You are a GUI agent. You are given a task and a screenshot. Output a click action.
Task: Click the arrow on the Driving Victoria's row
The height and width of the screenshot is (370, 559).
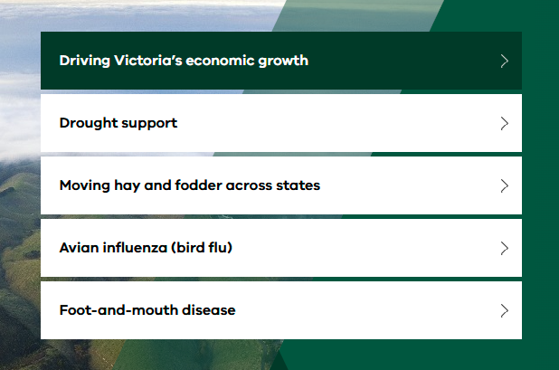click(x=504, y=61)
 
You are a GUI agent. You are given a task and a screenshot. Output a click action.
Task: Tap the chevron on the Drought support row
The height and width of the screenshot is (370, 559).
click(x=504, y=123)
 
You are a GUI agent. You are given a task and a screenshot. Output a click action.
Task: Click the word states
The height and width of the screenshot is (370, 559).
click(x=298, y=185)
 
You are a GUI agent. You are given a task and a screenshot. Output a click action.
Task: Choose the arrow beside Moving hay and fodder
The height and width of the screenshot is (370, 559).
click(x=504, y=185)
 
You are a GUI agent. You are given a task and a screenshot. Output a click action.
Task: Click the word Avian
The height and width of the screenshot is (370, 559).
click(x=80, y=247)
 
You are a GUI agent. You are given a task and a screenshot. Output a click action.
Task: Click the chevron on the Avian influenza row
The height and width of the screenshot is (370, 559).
click(x=504, y=248)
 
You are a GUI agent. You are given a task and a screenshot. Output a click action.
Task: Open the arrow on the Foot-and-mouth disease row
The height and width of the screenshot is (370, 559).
click(x=504, y=310)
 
